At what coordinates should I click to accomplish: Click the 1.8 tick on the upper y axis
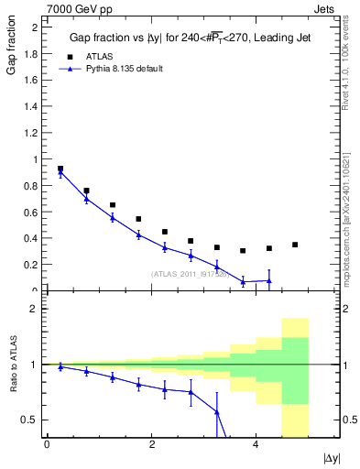tap(33, 53)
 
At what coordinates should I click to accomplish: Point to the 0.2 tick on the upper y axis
tap(33, 266)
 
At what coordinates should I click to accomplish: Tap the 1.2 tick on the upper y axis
tap(33, 133)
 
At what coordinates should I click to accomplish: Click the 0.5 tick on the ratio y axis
tap(33, 420)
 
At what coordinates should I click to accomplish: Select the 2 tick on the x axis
tap(151, 444)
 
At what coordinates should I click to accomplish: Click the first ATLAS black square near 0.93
tap(60, 169)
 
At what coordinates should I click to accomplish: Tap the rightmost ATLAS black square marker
tap(295, 245)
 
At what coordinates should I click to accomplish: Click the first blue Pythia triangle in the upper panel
tap(60, 173)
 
